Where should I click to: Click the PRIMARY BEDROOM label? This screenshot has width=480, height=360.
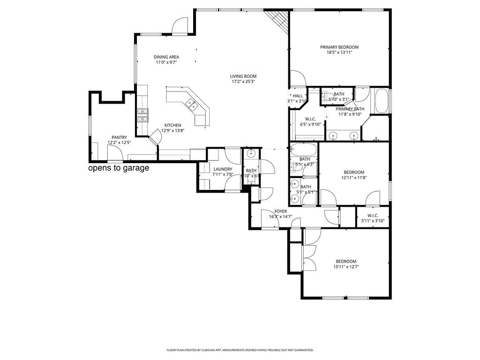pyautogui.click(x=339, y=47)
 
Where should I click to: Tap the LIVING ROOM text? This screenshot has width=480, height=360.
pyautogui.click(x=243, y=76)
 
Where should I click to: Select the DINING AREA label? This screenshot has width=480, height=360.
pyautogui.click(x=166, y=57)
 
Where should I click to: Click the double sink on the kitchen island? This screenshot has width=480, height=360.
pyautogui.click(x=191, y=105)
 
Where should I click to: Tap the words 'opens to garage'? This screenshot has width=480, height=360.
pyautogui.click(x=119, y=168)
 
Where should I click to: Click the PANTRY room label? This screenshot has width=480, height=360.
pyautogui.click(x=119, y=137)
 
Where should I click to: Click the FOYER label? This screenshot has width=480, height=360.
pyautogui.click(x=281, y=211)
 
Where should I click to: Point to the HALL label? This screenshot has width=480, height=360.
pyautogui.click(x=298, y=96)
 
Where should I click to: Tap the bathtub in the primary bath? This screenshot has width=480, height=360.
pyautogui.click(x=382, y=101)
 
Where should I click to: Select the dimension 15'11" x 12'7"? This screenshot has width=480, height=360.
pyautogui.click(x=346, y=267)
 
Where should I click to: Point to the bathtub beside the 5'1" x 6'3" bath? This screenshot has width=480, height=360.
pyautogui.click(x=303, y=150)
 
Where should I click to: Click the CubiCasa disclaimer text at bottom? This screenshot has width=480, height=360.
pyautogui.click(x=240, y=350)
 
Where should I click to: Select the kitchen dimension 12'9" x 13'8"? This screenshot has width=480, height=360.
pyautogui.click(x=172, y=131)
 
